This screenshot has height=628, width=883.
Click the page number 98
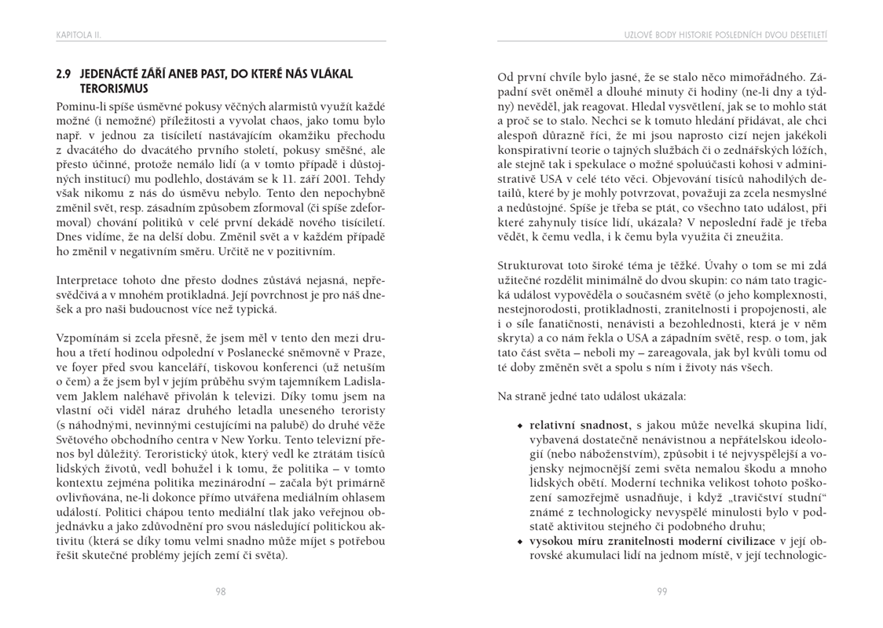coord(221,591)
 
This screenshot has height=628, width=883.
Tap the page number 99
coord(662,591)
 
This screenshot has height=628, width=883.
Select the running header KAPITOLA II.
coord(79,35)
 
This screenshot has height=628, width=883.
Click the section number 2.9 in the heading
coord(64,75)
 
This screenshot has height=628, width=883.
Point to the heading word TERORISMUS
coord(114,89)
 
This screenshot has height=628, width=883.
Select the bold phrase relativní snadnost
coord(580,425)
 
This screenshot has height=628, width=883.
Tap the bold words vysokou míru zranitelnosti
coord(613,541)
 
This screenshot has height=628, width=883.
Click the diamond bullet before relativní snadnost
coord(519,425)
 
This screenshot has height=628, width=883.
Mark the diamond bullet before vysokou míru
coord(519,542)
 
